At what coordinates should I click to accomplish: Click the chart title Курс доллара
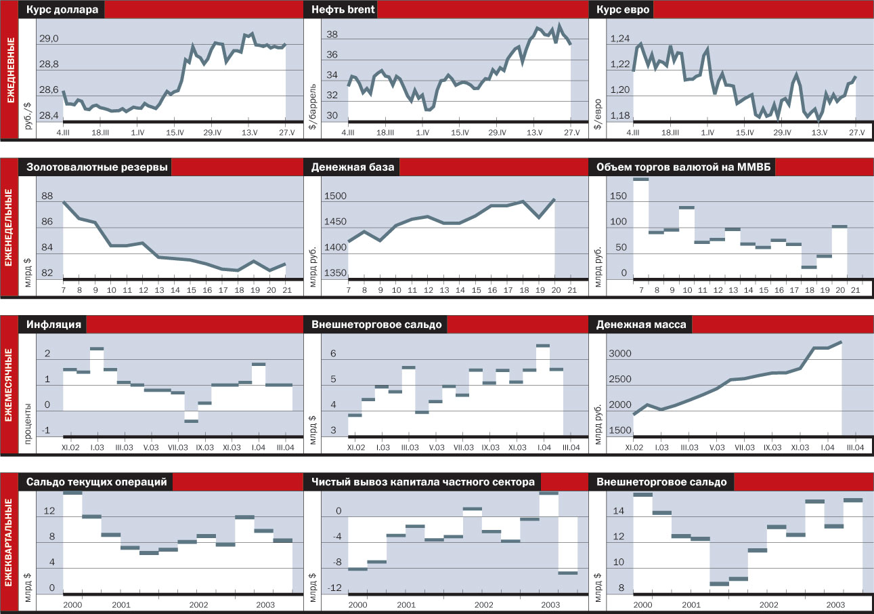(62, 10)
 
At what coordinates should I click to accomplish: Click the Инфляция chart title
(54, 325)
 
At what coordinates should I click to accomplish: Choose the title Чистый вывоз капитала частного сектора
(423, 482)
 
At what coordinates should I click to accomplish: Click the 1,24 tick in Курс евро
(621, 39)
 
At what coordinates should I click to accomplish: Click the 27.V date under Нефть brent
(570, 133)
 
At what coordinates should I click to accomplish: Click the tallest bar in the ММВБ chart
(640, 180)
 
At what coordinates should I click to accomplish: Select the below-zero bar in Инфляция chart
(191, 421)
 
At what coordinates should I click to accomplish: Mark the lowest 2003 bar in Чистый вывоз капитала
(567, 573)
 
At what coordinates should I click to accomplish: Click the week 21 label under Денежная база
(571, 290)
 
